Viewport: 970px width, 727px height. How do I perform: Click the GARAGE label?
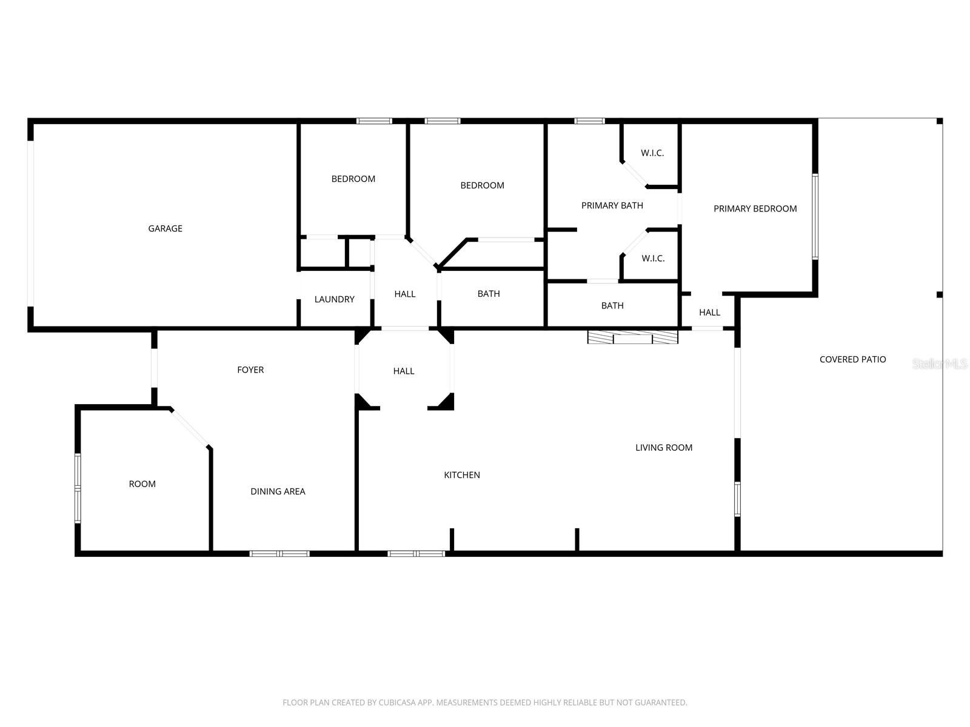pos(165,228)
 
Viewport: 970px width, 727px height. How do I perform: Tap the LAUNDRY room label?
pos(334,299)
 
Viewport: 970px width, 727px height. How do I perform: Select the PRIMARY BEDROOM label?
pos(755,208)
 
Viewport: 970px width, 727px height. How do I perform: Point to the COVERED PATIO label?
pos(852,359)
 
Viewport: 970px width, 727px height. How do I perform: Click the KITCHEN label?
pos(462,475)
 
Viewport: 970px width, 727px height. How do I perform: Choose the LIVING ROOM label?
pos(664,448)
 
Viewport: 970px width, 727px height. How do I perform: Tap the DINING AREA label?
pos(278,491)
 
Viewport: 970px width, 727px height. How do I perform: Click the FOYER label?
pos(250,370)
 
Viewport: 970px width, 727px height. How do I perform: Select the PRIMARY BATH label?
pos(612,205)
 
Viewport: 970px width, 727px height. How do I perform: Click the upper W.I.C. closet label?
pos(652,153)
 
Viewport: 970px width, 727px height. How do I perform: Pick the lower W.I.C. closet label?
pos(653,258)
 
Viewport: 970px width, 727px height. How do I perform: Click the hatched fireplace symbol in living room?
pos(632,337)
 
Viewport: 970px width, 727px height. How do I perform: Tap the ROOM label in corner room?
pos(142,483)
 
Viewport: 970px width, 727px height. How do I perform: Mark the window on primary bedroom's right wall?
pos(815,216)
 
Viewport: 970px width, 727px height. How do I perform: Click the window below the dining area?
pos(279,553)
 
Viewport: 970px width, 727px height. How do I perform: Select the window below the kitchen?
pos(416,553)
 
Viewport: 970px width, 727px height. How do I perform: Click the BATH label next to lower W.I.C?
pos(612,305)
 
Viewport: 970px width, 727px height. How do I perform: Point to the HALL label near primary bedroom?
pos(709,313)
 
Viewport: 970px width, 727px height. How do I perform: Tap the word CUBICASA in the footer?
pos(396,703)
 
